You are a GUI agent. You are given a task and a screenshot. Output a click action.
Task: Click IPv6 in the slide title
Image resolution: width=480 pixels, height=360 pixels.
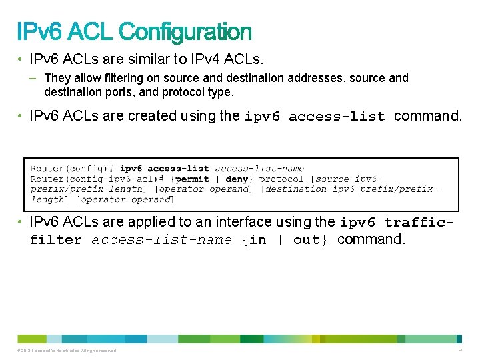pyautogui.click(x=40, y=32)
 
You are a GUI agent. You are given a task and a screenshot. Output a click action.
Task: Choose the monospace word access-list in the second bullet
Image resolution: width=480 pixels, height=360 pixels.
pyautogui.click(x=337, y=117)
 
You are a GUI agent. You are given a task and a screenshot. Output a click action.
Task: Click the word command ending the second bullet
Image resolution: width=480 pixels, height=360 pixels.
pyautogui.click(x=427, y=116)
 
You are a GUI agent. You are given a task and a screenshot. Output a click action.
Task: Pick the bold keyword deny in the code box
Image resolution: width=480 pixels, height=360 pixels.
pyautogui.click(x=237, y=179)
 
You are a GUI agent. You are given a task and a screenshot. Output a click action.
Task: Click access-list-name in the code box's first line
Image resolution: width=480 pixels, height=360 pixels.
pyautogui.click(x=259, y=169)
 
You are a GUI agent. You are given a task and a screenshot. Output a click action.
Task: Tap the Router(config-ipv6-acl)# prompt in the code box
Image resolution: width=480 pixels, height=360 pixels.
pyautogui.click(x=96, y=179)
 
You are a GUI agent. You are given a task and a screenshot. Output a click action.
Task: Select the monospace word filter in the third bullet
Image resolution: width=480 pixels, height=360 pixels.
pyautogui.click(x=55, y=240)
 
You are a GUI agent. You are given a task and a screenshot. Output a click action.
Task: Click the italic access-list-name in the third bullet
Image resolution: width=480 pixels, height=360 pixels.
pyautogui.click(x=161, y=240)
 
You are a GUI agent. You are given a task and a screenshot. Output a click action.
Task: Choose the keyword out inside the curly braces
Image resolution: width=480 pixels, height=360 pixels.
pyautogui.click(x=306, y=240)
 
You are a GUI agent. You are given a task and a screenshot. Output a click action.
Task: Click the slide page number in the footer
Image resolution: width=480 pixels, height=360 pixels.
pyautogui.click(x=460, y=351)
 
